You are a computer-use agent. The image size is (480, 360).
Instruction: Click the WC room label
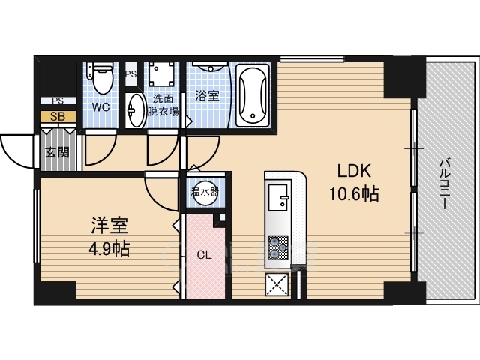pyautogui.click(x=100, y=107)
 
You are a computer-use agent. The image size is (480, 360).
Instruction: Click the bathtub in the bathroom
pyautogui.click(x=252, y=96)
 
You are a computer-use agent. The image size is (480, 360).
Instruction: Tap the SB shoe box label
pyautogui.click(x=58, y=116)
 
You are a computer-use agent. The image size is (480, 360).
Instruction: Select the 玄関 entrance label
pyautogui.click(x=57, y=153)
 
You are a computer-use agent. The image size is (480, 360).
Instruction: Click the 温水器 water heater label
pyautogui.click(x=204, y=191)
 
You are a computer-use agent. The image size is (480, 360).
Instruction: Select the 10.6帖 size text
pyautogui.click(x=353, y=195)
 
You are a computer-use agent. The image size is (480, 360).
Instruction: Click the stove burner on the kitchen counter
pyautogui.click(x=278, y=247)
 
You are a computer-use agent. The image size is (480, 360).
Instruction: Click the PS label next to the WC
pyautogui.click(x=130, y=73)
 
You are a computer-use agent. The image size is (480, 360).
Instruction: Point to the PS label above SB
pyautogui.click(x=58, y=100)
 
